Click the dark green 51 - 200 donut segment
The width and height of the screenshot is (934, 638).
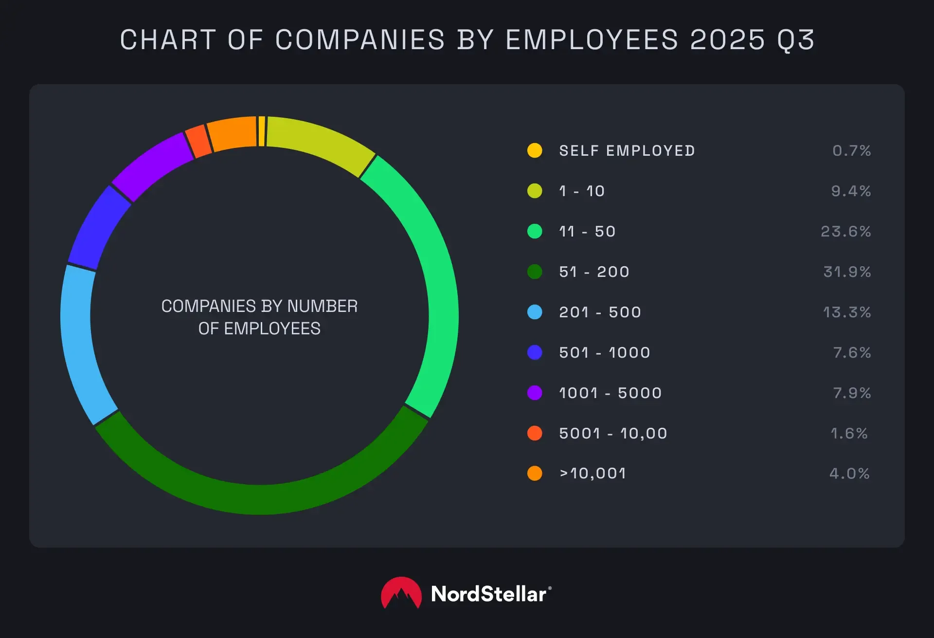coord(260,499)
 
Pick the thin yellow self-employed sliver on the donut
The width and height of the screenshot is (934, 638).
coord(262,131)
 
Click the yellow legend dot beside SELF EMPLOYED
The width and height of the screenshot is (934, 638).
coord(535,150)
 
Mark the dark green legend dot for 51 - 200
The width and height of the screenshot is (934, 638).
coord(535,272)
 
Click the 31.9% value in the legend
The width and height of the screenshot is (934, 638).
coord(846,272)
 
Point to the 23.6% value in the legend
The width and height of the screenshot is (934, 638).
coord(845,231)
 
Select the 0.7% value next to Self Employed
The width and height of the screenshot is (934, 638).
coord(851,150)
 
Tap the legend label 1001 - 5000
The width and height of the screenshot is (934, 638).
coord(611,393)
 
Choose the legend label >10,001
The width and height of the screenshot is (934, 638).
coord(593,473)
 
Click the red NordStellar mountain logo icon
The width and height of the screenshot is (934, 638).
coord(401,594)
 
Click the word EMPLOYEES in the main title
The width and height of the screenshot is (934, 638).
coord(592,40)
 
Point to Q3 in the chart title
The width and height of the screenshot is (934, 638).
coord(796,40)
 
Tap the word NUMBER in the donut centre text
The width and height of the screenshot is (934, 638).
coord(322,306)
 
